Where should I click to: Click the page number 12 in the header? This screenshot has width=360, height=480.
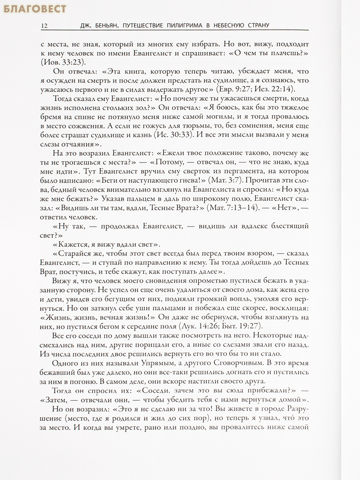coord(44,26)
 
